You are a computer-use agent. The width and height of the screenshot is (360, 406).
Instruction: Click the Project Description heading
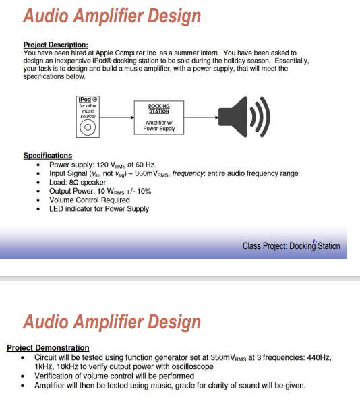[55, 45]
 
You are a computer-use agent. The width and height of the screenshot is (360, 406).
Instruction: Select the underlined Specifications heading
[48, 156]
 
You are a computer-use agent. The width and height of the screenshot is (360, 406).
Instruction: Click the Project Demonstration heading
[48, 348]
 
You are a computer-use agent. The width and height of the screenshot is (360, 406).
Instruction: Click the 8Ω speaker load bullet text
[78, 182]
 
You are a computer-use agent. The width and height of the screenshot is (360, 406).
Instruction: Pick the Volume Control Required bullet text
[90, 200]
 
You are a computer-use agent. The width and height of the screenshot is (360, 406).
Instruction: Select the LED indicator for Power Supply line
[99, 208]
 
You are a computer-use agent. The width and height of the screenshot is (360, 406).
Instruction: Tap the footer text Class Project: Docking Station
[291, 246]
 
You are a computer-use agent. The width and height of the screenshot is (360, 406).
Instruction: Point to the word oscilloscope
[193, 366]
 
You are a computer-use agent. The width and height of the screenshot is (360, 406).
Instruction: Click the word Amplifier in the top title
[108, 16]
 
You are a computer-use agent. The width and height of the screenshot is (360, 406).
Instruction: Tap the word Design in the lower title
[171, 322]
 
